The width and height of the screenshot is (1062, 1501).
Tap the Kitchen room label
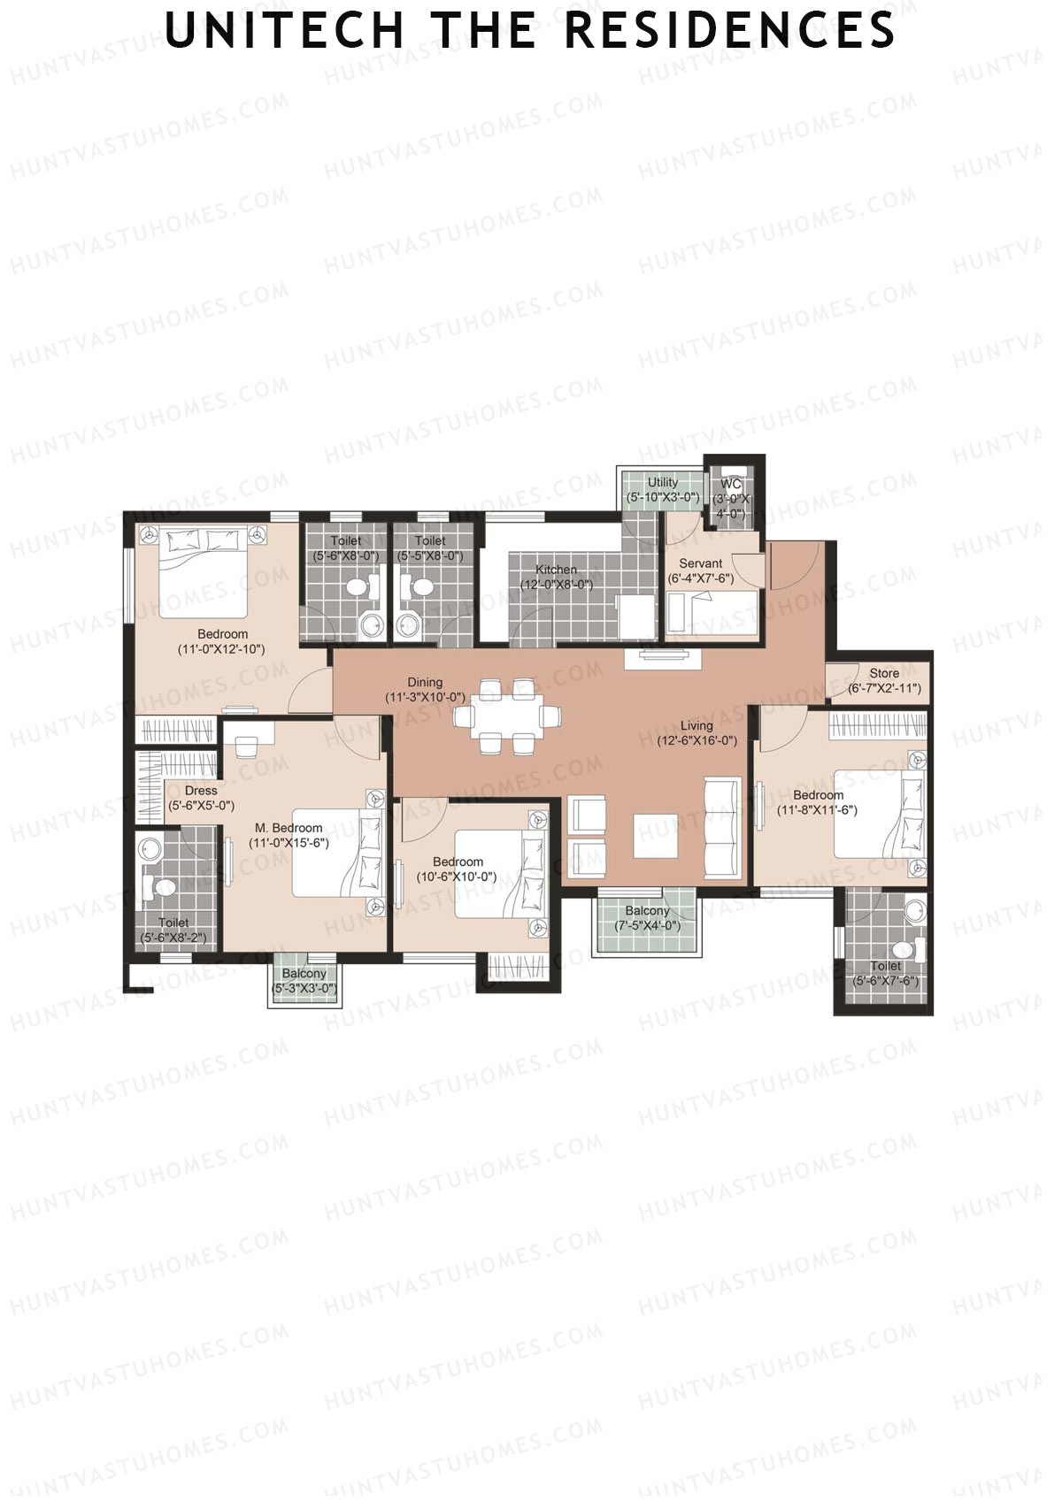556,570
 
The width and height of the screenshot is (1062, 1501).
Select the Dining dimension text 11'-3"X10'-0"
425,698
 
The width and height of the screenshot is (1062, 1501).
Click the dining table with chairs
507,715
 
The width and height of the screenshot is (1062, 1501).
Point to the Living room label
696,725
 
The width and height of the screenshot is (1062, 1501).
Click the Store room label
884,673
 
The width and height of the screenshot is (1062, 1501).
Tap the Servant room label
700,563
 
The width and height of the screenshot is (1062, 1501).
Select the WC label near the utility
731,484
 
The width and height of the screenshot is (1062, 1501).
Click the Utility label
663,482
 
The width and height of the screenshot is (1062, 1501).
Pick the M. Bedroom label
289,828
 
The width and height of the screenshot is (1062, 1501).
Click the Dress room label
201,791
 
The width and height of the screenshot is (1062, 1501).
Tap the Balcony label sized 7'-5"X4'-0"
647,911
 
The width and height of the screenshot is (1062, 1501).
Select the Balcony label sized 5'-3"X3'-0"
304,974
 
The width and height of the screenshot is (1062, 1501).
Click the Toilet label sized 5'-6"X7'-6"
885,966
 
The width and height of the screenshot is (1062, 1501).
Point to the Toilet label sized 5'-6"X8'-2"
173,923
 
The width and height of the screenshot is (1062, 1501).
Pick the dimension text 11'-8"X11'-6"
817,810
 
